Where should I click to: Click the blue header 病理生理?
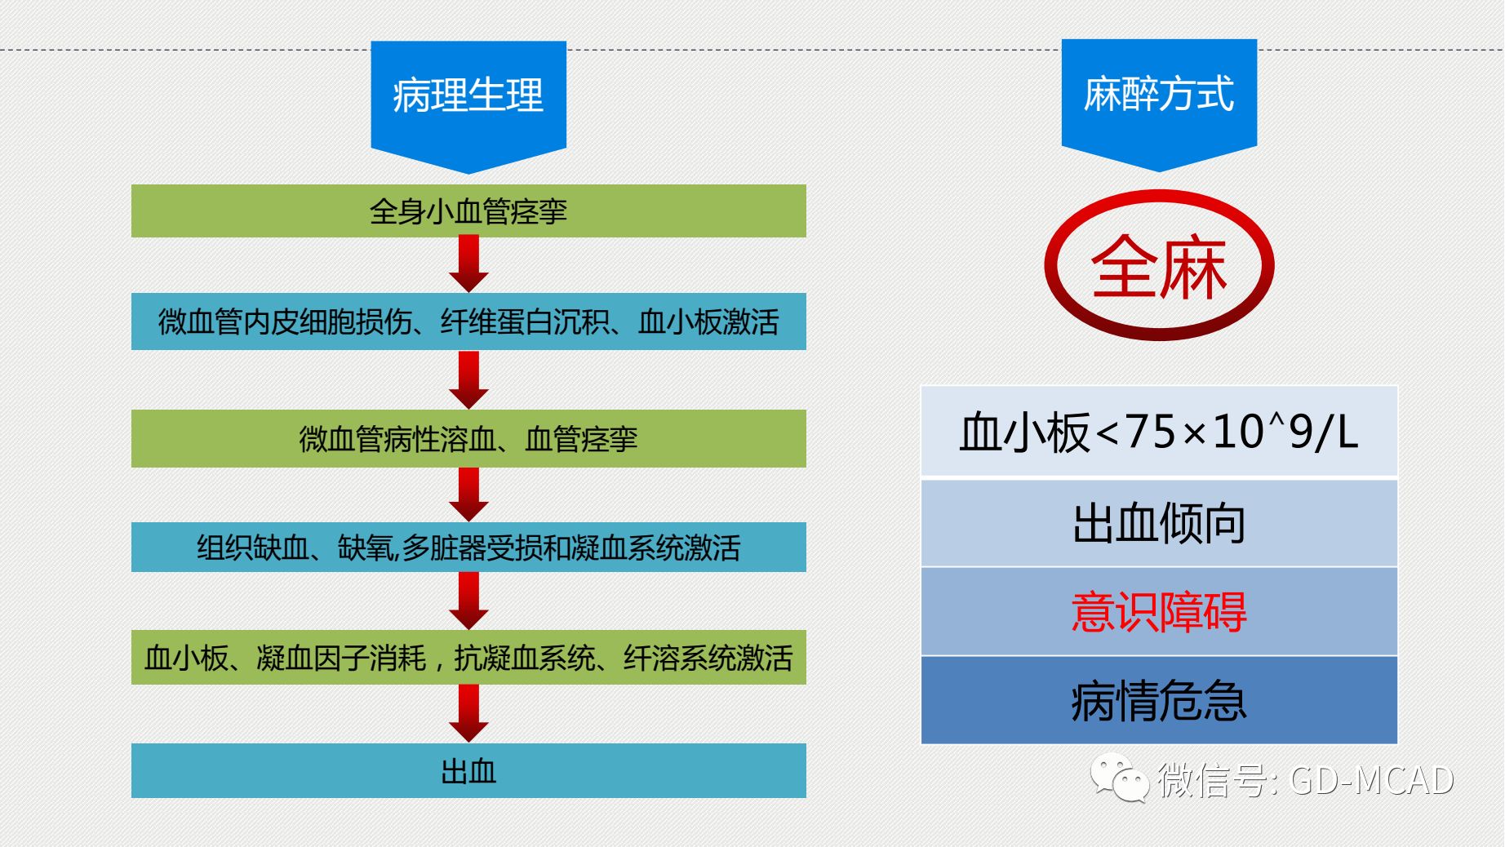468,95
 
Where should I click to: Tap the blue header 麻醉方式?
1158,94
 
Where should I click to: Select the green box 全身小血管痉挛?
468,211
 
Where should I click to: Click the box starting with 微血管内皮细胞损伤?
468,322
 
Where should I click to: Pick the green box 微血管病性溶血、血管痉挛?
468,439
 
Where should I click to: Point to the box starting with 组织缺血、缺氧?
468,547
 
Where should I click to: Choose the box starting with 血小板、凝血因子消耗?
468,657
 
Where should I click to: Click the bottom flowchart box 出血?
468,770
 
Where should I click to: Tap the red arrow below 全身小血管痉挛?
468,264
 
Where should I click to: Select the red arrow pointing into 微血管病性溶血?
468,380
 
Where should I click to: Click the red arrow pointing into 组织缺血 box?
468,494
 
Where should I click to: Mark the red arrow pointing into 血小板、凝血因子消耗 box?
468,601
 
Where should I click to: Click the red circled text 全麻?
1159,267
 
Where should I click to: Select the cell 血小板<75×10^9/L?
1159,432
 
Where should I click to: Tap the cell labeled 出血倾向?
1159,523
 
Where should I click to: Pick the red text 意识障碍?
1159,612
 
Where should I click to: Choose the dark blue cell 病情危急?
1159,700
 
